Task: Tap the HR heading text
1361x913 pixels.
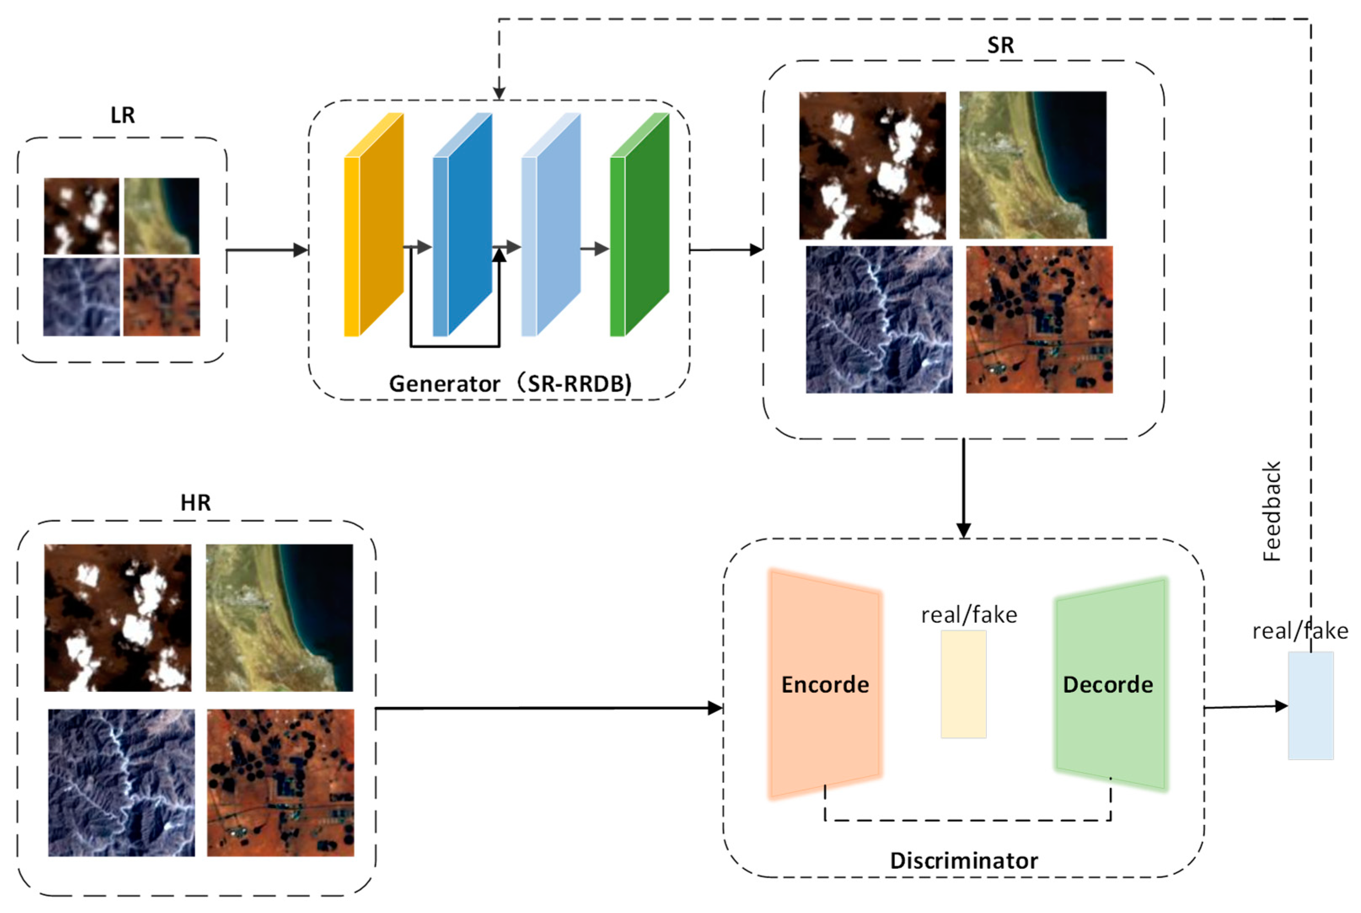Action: [x=195, y=502]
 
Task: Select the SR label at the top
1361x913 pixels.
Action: [x=1000, y=45]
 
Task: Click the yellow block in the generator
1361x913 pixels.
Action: [x=376, y=233]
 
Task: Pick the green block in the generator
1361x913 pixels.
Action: [x=641, y=233]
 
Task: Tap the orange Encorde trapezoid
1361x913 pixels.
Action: [x=825, y=684]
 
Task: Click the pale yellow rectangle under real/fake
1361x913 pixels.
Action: [x=963, y=684]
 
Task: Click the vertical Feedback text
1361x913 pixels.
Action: [x=1272, y=511]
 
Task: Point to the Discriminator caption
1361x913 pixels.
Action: [x=964, y=861]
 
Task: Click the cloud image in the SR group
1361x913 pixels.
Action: [x=872, y=166]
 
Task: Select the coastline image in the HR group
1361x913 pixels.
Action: [x=279, y=618]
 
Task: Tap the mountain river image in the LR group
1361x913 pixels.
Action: [x=82, y=297]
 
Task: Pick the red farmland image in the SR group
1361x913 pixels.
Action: [x=1039, y=320]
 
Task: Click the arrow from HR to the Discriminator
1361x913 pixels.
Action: [x=548, y=708]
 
